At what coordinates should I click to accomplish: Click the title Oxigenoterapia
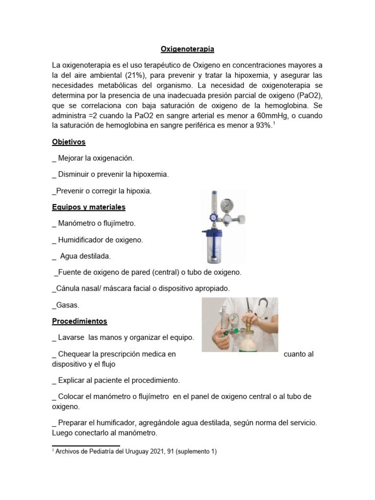point(187,49)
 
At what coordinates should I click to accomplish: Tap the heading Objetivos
point(69,142)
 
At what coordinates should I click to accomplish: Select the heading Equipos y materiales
point(89,207)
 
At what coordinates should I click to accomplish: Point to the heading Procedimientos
point(80,321)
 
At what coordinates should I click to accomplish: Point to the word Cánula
point(67,288)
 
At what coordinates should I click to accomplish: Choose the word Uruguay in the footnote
point(131,452)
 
